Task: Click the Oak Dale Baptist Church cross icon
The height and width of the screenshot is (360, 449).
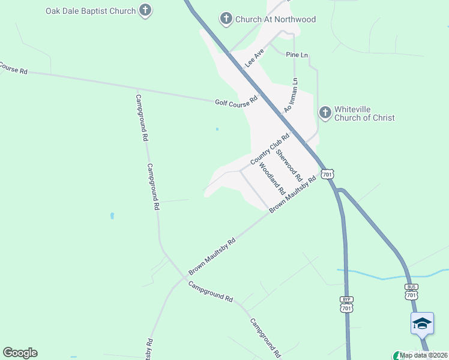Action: click(145, 10)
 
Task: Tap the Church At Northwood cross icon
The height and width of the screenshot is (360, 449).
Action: click(226, 19)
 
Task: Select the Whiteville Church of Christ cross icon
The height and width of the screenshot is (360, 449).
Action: click(325, 112)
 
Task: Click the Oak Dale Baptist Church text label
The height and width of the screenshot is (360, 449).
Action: click(90, 11)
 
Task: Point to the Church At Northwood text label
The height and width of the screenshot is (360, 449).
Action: click(276, 19)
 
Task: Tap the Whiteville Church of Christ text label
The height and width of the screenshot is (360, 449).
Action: click(364, 113)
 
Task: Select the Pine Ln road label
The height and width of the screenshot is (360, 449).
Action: click(297, 55)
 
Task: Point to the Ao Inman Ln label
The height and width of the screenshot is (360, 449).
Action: click(291, 95)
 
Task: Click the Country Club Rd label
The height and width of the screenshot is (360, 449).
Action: click(270, 149)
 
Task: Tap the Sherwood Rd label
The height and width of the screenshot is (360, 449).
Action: click(288, 165)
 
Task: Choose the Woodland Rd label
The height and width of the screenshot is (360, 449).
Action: click(271, 178)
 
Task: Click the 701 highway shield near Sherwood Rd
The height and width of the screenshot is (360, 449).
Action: click(327, 174)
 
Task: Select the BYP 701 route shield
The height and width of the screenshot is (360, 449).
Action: click(346, 304)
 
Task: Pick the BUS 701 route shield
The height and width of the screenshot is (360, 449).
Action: click(411, 292)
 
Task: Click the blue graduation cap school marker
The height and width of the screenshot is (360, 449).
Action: click(422, 323)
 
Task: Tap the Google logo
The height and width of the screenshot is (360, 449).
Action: click(20, 353)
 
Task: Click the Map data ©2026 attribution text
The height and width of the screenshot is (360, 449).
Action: click(423, 355)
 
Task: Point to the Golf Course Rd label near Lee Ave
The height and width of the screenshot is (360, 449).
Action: click(236, 102)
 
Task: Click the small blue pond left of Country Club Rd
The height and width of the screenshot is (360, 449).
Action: click(217, 128)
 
